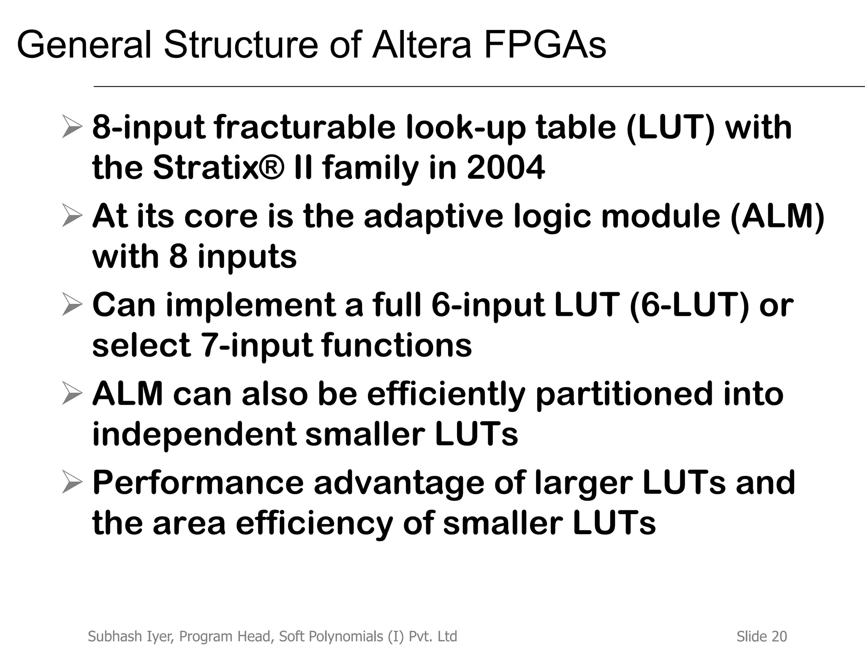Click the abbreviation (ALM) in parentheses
pos(778,216)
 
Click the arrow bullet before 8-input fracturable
pos(71,128)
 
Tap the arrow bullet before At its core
pos(71,216)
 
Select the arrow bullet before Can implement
pos(71,305)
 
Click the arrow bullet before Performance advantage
pos(71,483)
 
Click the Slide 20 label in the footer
pos(762,636)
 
